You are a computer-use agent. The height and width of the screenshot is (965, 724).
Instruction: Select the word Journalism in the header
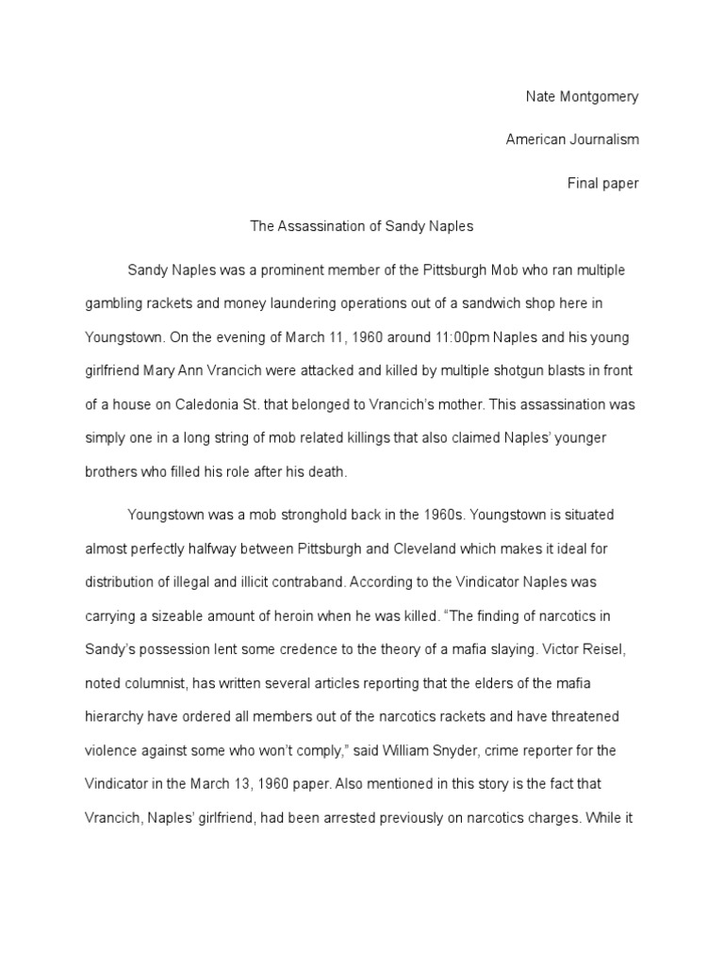coord(604,139)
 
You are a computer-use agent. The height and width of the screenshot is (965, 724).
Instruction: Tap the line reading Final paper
coord(602,184)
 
